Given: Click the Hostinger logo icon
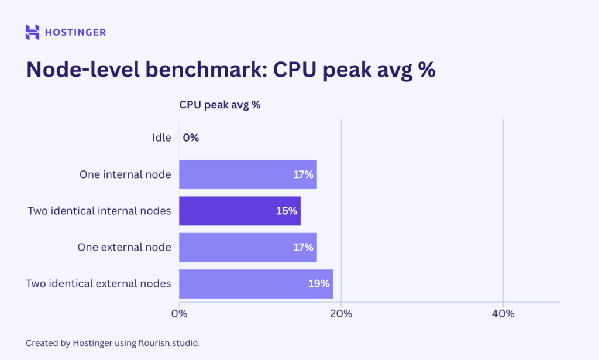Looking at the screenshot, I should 32,32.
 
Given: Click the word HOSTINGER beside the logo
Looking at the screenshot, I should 75,32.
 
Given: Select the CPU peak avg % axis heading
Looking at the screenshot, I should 219,105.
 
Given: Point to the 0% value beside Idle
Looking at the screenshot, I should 191,138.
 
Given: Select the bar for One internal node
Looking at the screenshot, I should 234,174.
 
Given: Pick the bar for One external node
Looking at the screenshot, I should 234,247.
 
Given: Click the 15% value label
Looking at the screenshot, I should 287,211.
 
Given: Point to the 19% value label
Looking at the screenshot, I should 319,284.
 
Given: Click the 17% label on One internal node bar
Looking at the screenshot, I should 304,174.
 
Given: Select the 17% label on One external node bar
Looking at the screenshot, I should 304,247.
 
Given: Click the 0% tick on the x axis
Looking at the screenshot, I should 179,314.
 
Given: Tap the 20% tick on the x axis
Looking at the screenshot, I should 341,314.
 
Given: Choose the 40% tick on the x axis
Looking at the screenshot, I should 503,314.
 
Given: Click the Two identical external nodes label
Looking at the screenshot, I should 98,284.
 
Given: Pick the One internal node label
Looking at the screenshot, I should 125,174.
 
